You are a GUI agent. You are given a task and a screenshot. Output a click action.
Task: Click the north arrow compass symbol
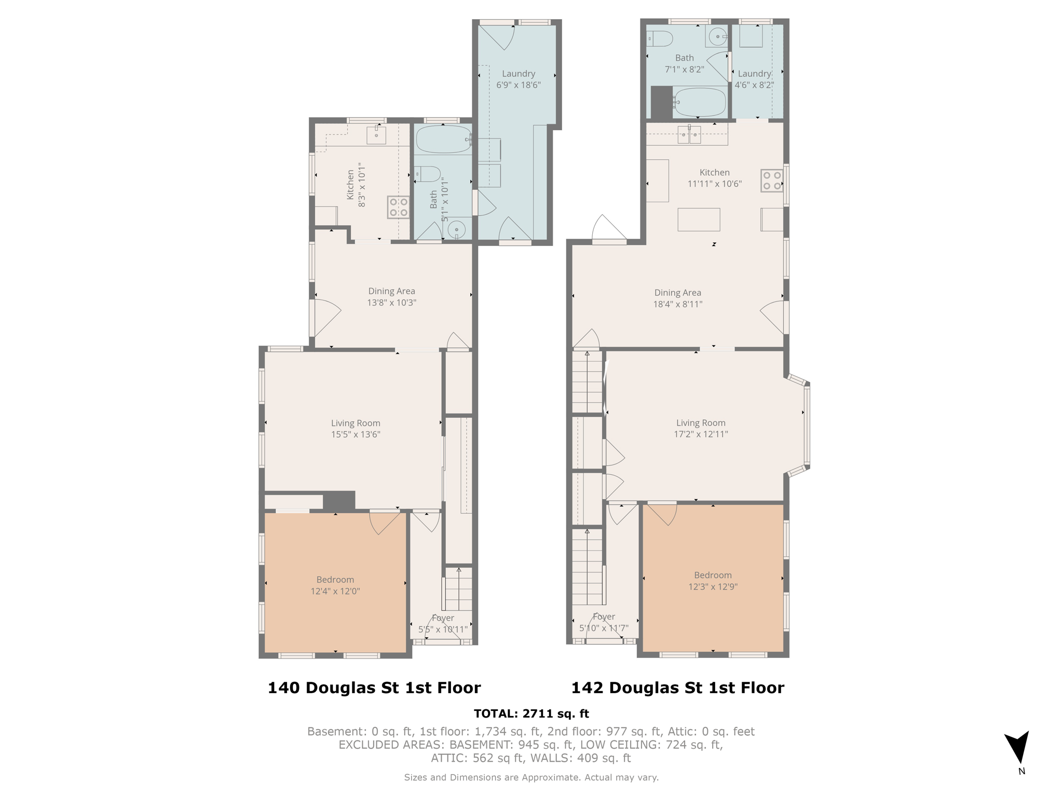click(1017, 747)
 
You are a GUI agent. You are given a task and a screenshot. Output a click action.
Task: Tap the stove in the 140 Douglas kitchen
click(398, 208)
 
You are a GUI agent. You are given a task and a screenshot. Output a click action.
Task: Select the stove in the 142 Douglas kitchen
click(772, 181)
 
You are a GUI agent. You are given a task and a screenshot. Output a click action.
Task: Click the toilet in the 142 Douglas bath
click(660, 38)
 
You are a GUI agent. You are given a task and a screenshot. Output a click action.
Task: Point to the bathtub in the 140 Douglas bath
click(444, 139)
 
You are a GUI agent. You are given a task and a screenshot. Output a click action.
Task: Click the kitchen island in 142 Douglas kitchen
click(699, 219)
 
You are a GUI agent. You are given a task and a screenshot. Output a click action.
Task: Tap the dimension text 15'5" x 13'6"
click(356, 434)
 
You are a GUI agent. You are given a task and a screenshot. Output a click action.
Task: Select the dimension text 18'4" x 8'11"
click(677, 304)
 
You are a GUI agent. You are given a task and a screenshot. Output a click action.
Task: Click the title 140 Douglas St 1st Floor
click(374, 688)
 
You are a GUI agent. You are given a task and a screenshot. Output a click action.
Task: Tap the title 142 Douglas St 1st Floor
click(677, 688)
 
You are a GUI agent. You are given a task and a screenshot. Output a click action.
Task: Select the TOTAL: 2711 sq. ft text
click(531, 713)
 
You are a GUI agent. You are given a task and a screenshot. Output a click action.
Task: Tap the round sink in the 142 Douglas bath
click(717, 37)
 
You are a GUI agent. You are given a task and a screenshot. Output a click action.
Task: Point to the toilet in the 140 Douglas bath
click(428, 174)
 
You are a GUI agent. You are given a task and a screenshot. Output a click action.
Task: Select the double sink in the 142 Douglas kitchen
click(689, 135)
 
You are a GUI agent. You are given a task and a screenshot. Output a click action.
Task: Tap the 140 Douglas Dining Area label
click(391, 291)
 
